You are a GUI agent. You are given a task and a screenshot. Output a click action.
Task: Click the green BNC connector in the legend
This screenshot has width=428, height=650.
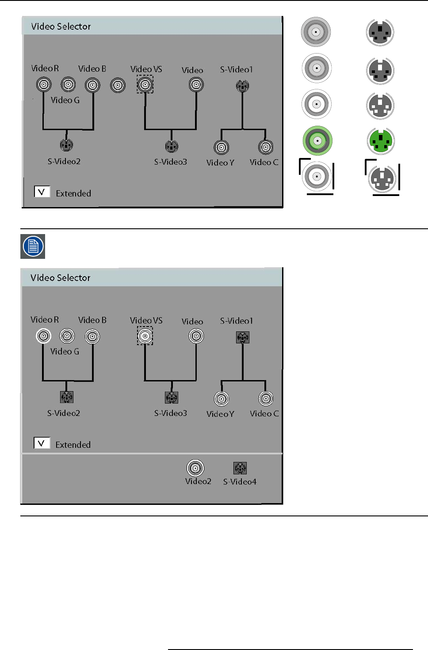click(317, 141)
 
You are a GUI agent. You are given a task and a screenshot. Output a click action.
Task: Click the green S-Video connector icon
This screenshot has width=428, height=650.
click(380, 141)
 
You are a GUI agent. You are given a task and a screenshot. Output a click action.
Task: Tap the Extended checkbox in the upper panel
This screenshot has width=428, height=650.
click(42, 192)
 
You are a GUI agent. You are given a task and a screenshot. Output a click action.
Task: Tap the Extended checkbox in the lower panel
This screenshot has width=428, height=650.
click(42, 443)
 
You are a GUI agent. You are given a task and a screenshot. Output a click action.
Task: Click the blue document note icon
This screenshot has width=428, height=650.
click(33, 246)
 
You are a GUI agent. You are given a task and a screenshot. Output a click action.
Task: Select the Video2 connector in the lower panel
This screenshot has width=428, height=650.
click(195, 468)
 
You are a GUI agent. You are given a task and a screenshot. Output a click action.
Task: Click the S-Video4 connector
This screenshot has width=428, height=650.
click(240, 468)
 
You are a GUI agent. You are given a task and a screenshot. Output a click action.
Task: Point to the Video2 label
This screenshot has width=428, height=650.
click(198, 481)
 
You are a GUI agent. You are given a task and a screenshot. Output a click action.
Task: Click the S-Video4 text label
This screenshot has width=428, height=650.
click(240, 482)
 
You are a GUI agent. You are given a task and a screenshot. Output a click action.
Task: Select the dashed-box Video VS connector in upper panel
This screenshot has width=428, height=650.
click(145, 84)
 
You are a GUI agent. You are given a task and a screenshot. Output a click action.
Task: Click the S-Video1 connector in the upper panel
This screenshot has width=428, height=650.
click(242, 85)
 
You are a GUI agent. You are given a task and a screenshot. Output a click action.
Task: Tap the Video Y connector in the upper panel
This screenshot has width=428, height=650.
click(222, 147)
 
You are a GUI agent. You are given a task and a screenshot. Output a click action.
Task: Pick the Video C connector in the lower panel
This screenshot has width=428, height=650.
click(266, 399)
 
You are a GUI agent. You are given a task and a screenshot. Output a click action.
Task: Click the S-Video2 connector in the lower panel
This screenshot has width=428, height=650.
click(67, 397)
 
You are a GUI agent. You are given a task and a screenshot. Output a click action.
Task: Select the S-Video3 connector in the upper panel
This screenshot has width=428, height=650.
click(172, 146)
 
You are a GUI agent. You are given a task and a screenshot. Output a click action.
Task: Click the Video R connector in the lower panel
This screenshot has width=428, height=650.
click(43, 336)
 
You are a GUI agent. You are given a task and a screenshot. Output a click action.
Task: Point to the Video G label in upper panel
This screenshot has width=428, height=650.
click(65, 100)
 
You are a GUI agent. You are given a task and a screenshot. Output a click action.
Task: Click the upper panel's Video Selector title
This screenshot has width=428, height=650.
click(61, 27)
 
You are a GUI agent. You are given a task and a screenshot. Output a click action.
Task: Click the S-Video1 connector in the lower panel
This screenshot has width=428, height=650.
click(243, 338)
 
